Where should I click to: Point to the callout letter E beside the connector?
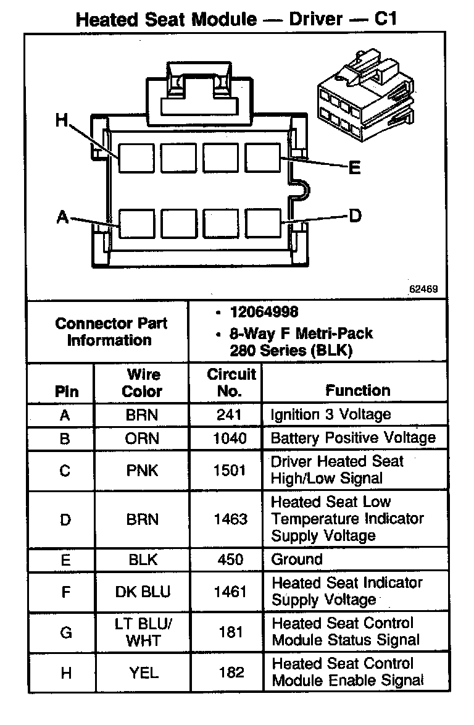point(354,167)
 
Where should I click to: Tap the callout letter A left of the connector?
point(62,217)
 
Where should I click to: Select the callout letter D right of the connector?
point(354,216)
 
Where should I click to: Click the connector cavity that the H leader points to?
point(136,157)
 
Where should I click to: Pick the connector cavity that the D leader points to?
point(264,223)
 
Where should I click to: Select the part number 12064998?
point(264,312)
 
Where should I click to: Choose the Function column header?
point(358,390)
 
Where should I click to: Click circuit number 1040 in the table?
point(230,438)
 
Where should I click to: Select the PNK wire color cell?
point(142,471)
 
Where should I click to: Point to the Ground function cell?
point(297,559)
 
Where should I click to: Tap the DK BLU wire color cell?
point(142,592)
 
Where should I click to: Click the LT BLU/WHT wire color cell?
point(142,632)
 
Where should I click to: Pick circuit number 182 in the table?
point(231,673)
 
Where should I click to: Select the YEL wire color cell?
point(144,673)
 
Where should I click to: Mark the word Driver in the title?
point(317,19)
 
